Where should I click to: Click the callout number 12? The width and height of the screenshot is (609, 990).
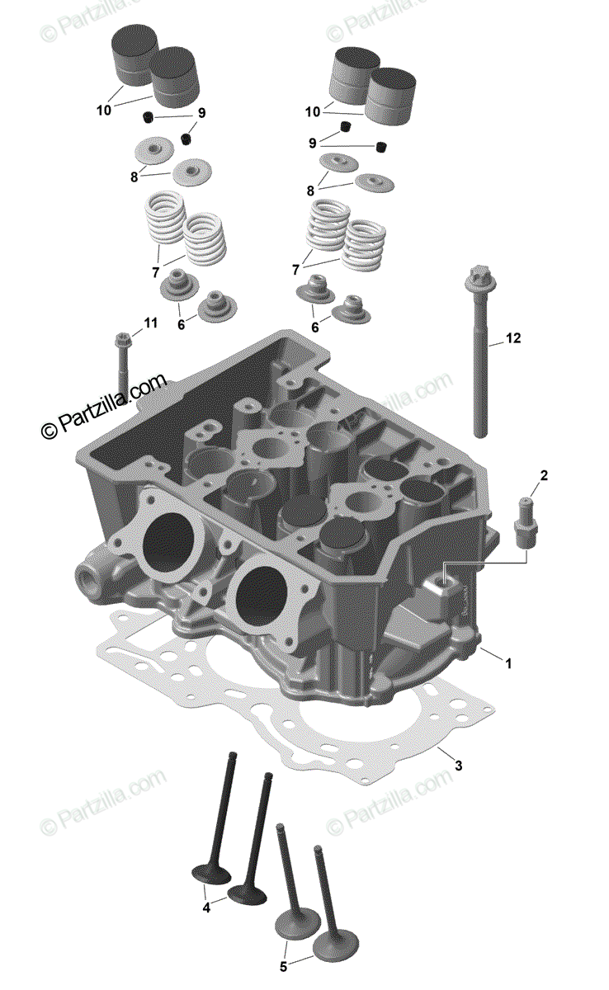click(514, 337)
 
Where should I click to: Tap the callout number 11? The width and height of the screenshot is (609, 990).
click(149, 323)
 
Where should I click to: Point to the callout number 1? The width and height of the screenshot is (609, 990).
click(509, 662)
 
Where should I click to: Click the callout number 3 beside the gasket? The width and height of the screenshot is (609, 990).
click(459, 765)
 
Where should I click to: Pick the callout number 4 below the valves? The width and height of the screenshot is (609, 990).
click(207, 907)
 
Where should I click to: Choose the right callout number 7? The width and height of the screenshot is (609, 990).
click(295, 270)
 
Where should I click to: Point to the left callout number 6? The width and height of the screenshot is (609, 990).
click(181, 325)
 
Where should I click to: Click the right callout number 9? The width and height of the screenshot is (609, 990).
click(313, 143)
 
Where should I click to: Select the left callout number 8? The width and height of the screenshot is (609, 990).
click(135, 175)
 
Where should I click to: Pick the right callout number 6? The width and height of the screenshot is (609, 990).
click(314, 328)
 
